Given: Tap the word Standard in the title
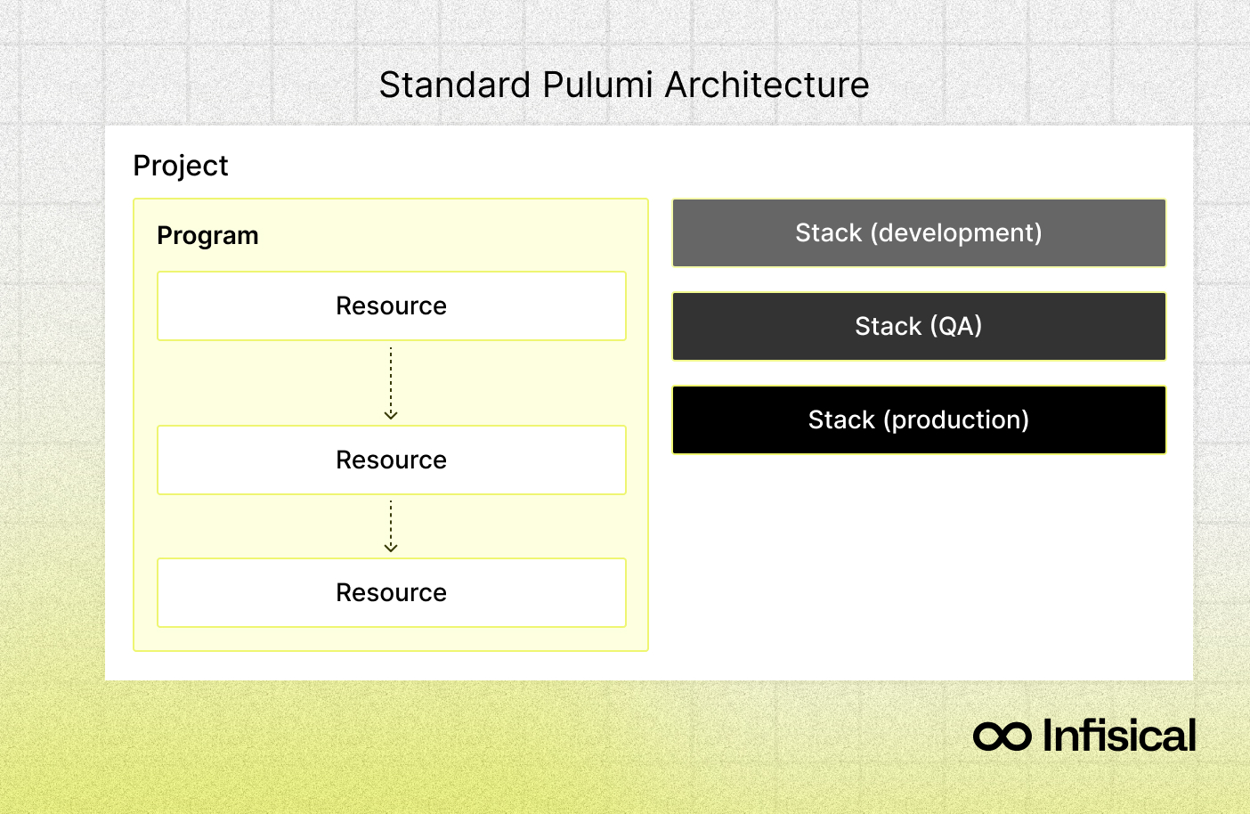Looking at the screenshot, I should pos(455,85).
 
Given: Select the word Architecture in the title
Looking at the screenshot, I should pos(767,85).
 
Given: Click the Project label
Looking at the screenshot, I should pos(181,166).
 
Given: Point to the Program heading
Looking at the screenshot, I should pos(207,236).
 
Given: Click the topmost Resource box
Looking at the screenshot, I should pos(391,306).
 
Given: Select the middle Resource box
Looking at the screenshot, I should pos(391,460).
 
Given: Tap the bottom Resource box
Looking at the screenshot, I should pos(391,593).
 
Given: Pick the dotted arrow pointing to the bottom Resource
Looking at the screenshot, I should pos(391,526).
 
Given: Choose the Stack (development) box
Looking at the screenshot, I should pos(919,233).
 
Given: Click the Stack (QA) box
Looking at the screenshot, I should pos(919,327).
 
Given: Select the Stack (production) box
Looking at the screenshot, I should pos(919,420).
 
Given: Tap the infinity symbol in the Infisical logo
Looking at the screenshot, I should pos(1002,737).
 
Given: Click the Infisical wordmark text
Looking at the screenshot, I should pos(1118,736).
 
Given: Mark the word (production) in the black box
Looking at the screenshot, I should pos(956,420).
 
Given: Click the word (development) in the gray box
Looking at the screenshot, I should pos(956,233).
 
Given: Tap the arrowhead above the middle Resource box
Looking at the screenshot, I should pos(391,415).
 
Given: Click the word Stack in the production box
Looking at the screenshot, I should pos(841,420).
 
